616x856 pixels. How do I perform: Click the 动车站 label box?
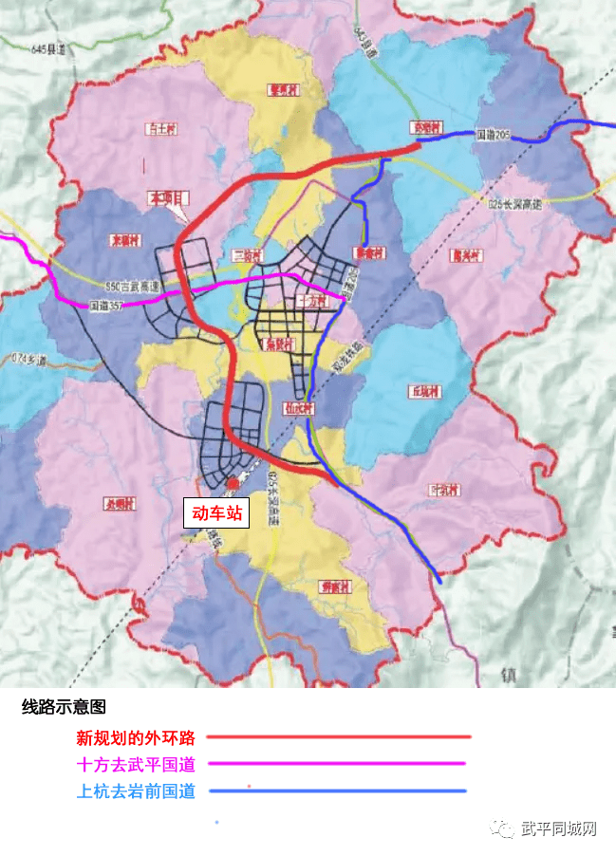click(x=217, y=513)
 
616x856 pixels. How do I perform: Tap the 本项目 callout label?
click(x=167, y=198)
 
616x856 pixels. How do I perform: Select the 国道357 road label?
click(x=104, y=307)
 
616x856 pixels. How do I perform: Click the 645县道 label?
click(x=49, y=47)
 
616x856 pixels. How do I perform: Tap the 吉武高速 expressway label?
click(x=131, y=286)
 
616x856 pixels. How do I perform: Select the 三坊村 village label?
click(x=246, y=254)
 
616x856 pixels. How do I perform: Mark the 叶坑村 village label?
click(x=444, y=490)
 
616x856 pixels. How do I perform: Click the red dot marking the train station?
click(x=233, y=484)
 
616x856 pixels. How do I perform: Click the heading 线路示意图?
click(x=64, y=708)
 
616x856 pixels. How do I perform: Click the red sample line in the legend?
click(x=338, y=736)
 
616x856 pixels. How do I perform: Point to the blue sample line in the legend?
click(x=338, y=791)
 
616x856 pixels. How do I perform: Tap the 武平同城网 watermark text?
click(x=559, y=829)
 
